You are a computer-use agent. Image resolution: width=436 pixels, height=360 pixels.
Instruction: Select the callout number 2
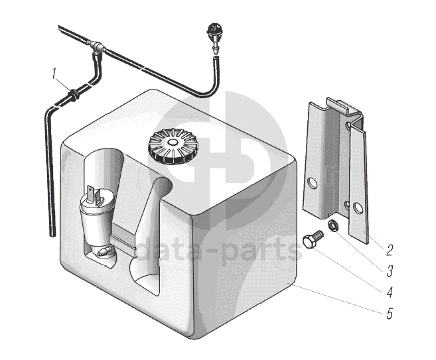click(390, 250)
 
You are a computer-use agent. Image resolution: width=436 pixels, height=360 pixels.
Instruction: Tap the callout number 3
click(390, 271)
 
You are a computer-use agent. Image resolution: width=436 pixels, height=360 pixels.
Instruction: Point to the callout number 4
click(390, 292)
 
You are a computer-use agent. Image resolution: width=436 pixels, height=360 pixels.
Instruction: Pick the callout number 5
click(390, 314)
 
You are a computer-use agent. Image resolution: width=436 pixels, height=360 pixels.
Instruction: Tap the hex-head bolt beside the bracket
click(313, 239)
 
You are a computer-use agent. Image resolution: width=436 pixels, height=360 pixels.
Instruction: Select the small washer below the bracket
click(332, 224)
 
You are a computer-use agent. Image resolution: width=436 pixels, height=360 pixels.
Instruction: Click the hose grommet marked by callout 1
click(74, 94)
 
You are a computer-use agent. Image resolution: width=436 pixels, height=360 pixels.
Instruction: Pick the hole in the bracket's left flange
click(314, 184)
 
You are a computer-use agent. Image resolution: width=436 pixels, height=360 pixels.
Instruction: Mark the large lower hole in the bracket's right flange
click(357, 208)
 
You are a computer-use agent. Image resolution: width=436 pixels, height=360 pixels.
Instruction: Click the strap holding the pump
click(123, 239)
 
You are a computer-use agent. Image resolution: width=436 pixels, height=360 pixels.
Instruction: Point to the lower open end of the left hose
click(52, 235)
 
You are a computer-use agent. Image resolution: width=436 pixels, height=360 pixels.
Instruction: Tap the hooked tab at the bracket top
click(344, 106)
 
